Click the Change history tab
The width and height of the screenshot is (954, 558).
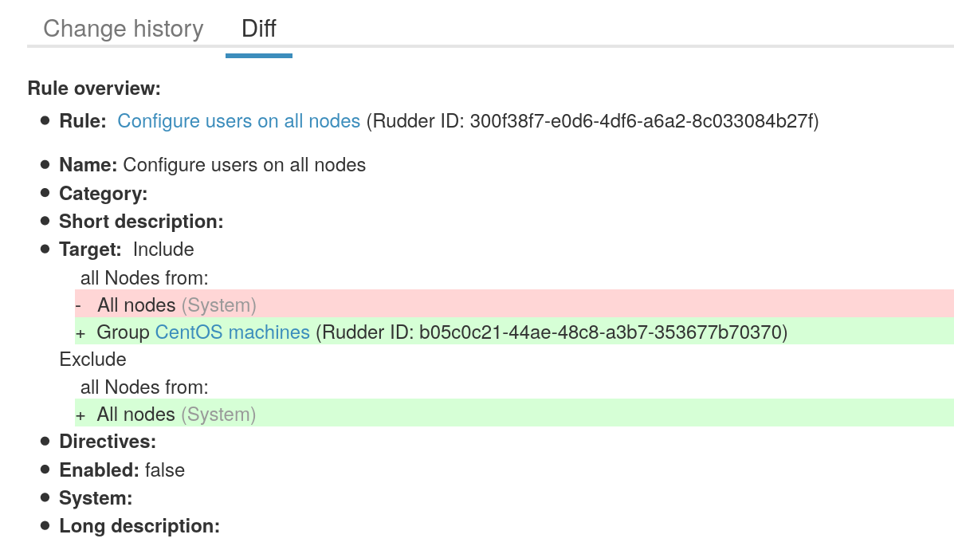[x=124, y=29]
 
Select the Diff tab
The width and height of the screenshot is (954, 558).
[x=259, y=29]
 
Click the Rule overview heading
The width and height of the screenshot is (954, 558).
[x=94, y=88]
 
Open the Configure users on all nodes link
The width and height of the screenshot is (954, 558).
[x=239, y=121]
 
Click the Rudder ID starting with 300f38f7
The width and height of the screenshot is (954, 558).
[x=644, y=121]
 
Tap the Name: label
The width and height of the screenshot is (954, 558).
[x=88, y=165]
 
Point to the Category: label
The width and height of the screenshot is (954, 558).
[x=104, y=194]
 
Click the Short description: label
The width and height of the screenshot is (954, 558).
[x=141, y=222]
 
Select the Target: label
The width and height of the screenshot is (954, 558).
[x=90, y=250]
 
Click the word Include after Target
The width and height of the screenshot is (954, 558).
[x=163, y=250]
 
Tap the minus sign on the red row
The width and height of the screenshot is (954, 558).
[x=79, y=305]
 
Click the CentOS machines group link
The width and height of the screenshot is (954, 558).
[x=233, y=332]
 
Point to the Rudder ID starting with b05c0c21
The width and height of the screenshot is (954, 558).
[x=603, y=332]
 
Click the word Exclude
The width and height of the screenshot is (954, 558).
[x=93, y=360]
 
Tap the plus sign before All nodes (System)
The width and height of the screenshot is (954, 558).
[x=80, y=415]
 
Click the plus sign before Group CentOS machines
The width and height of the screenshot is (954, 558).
[x=80, y=333]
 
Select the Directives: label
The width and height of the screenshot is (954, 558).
[x=108, y=442]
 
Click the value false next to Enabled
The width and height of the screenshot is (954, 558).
[x=165, y=470]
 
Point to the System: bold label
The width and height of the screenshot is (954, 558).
[x=96, y=498]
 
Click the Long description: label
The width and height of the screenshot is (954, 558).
[x=139, y=526]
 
